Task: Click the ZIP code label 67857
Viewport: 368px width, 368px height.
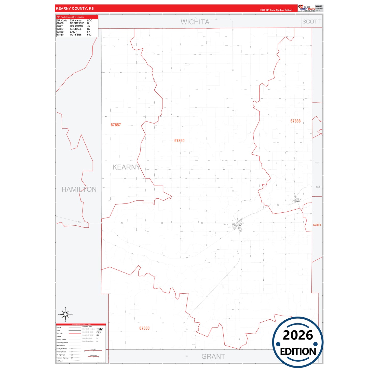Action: [116, 125]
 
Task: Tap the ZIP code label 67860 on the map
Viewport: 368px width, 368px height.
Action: [179, 141]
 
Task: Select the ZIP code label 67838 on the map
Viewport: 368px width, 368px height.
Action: [295, 121]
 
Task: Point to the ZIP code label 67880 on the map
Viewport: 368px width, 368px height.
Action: [144, 328]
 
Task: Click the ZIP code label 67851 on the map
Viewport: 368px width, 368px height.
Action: [317, 225]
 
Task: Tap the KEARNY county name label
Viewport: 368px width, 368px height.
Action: [126, 167]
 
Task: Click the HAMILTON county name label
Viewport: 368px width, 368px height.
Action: [79, 189]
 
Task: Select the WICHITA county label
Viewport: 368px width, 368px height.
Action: [195, 22]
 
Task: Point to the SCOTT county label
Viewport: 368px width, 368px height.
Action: [311, 22]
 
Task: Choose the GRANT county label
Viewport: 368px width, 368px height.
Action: [213, 357]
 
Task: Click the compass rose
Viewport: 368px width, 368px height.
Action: [65, 315]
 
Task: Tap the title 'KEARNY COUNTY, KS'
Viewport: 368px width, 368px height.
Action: [75, 8]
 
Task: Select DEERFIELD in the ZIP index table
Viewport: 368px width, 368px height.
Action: [77, 23]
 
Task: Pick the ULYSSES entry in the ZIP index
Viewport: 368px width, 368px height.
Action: [76, 35]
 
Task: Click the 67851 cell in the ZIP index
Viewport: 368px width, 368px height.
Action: [60, 26]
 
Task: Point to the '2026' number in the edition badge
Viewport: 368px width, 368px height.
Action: [298, 335]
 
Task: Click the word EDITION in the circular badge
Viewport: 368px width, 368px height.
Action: [298, 352]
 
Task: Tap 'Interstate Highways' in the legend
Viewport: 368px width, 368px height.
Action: [62, 358]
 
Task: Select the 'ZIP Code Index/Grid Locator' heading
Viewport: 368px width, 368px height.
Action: [70, 17]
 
